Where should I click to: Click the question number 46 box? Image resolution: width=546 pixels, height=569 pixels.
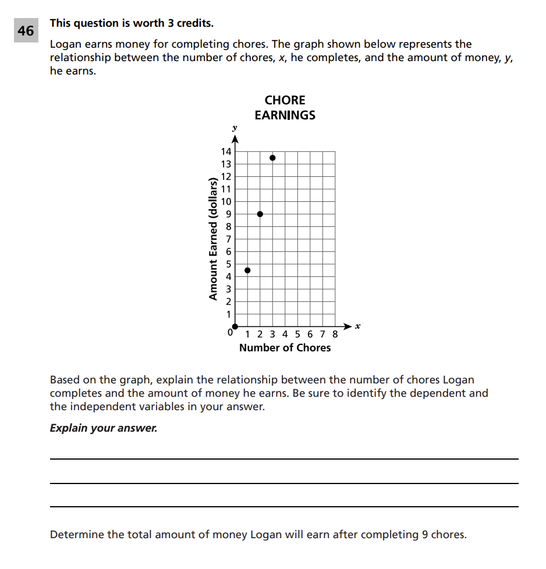[x=26, y=31]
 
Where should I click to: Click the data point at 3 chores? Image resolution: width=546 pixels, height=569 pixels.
[x=272, y=158]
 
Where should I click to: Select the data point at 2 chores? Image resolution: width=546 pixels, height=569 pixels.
[x=260, y=214]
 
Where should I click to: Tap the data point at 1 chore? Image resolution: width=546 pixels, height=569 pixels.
[x=247, y=270]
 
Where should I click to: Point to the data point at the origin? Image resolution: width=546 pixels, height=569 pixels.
[x=235, y=326]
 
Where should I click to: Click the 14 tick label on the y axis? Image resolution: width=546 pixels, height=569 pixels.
[x=225, y=152]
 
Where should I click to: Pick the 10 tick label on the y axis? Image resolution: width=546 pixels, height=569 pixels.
[x=225, y=202]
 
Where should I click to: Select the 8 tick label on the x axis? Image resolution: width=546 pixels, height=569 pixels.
[x=335, y=335]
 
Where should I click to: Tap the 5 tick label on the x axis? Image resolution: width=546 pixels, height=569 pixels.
[x=297, y=335]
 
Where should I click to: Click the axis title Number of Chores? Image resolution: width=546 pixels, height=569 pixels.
[x=285, y=348]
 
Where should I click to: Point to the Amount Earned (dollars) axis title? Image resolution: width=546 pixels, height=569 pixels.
[x=213, y=239]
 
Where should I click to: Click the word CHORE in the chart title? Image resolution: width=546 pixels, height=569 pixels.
[x=285, y=101]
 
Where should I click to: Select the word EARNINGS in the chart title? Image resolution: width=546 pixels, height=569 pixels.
[x=285, y=115]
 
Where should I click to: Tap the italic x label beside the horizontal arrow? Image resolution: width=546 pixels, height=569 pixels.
[x=358, y=326]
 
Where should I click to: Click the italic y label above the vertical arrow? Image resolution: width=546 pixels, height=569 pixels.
[x=235, y=127]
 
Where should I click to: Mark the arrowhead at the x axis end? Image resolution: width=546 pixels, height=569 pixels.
[x=348, y=326]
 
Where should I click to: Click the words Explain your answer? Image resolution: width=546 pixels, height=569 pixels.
[x=103, y=428]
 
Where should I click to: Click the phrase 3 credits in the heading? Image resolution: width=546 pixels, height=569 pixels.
[x=189, y=24]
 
